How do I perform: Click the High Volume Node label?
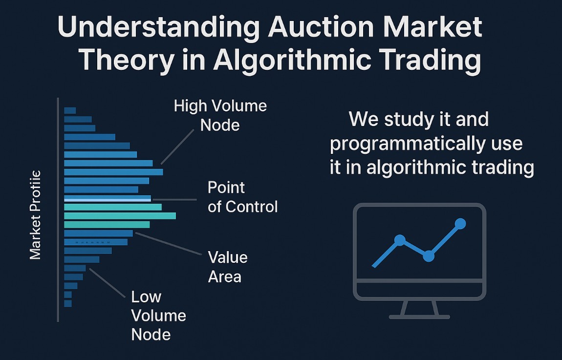(220, 115)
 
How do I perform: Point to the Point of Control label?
(242, 197)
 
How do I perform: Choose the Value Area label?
(228, 267)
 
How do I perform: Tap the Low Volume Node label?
(158, 316)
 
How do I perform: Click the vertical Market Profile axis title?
(35, 215)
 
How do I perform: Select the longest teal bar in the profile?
(120, 216)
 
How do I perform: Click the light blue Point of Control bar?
(108, 198)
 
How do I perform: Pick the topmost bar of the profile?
(70, 110)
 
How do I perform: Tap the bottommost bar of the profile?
(68, 303)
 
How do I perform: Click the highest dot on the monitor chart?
(460, 224)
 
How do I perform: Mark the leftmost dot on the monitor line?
(400, 240)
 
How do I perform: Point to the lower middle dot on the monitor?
(429, 256)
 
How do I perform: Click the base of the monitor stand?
(419, 317)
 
